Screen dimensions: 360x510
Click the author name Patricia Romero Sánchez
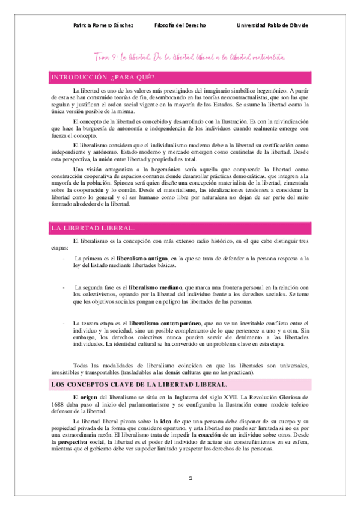pos(103,26)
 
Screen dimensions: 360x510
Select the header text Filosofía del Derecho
pos(180,26)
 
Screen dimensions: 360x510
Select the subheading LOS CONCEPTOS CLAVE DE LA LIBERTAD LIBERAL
pos(140,384)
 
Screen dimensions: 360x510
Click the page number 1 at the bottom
pos(190,495)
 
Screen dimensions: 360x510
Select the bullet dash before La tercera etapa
pos(63,324)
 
